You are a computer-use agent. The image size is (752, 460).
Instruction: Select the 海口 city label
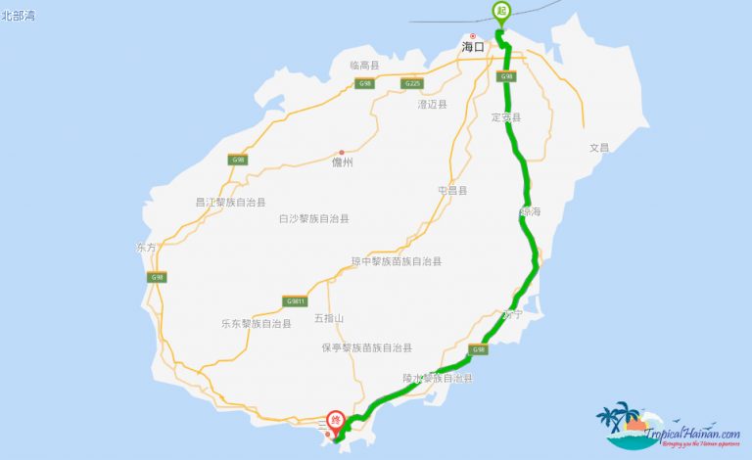tap(473, 47)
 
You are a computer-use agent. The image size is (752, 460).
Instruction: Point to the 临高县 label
tap(364, 66)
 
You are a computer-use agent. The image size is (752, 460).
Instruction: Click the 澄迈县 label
tap(432, 104)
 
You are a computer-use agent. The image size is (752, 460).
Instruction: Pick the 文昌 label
tap(598, 148)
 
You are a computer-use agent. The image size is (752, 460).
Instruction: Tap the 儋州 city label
tap(342, 163)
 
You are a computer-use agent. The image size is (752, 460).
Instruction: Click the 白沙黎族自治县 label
tap(314, 219)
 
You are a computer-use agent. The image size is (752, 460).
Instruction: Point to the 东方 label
tap(147, 248)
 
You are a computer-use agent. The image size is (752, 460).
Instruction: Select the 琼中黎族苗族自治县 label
tap(397, 261)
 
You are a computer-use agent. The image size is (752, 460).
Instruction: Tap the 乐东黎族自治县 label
tap(257, 323)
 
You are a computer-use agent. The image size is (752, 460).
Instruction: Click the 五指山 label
tap(330, 318)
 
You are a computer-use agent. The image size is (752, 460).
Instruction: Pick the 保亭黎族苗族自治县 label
tap(366, 347)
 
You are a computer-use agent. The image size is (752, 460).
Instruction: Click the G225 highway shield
tap(412, 84)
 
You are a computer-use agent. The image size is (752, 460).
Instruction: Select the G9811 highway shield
tap(296, 300)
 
